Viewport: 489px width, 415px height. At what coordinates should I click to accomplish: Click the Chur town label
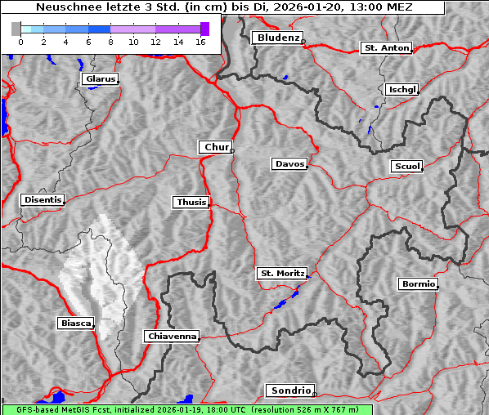click(216, 147)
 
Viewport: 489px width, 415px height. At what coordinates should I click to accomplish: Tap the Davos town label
click(289, 164)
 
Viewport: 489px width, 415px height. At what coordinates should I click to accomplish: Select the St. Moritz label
click(281, 274)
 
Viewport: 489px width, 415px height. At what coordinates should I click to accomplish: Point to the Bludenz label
click(276, 38)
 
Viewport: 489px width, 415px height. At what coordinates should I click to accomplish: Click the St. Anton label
click(386, 48)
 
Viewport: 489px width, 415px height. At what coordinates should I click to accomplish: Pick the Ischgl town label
click(402, 89)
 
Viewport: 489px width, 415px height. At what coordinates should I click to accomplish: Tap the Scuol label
click(406, 167)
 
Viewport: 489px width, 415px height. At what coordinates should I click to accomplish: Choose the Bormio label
click(418, 284)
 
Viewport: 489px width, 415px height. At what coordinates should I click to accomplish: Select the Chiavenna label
click(171, 336)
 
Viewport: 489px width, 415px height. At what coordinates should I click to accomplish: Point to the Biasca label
click(76, 324)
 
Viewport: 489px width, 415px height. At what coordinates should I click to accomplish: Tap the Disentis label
click(43, 199)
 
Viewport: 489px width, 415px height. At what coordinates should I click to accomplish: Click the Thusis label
click(191, 202)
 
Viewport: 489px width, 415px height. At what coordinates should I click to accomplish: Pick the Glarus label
click(99, 79)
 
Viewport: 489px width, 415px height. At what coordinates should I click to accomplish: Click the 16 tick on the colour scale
click(200, 41)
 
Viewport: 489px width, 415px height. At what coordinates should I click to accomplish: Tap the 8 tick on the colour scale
click(110, 41)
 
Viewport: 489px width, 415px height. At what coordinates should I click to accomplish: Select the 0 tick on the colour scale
click(20, 41)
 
